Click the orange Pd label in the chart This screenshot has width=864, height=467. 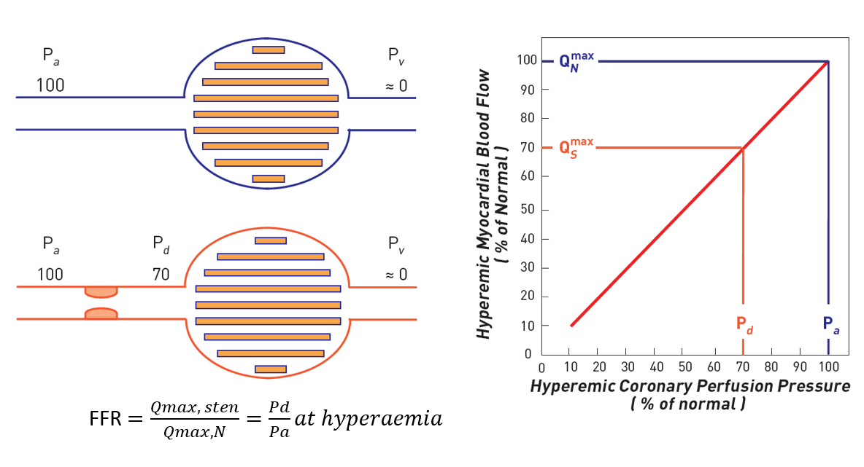pos(744,326)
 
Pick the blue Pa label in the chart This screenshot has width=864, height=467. pos(830,325)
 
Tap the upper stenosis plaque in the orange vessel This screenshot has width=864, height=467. pos(101,291)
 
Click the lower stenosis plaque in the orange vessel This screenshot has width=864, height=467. pos(101,314)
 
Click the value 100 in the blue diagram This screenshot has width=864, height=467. pos(50,86)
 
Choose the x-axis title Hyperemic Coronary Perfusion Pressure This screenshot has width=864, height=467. pos(690,386)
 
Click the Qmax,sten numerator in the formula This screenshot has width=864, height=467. pos(195,408)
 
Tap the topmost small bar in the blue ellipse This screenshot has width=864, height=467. pos(269,50)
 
